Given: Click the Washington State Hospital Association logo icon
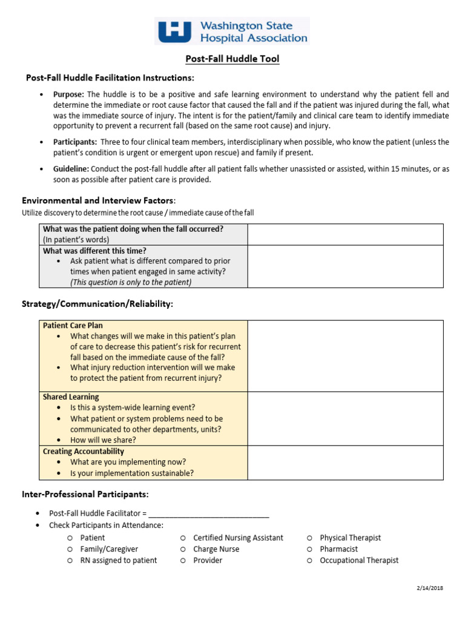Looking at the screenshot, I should [174, 31].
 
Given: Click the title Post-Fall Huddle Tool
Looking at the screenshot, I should [232, 59].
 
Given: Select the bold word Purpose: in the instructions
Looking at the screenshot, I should [69, 94].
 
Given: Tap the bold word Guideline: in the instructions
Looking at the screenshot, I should [71, 169].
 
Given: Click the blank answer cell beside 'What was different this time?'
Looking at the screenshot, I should [345, 266].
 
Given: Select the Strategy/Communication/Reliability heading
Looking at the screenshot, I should [97, 304].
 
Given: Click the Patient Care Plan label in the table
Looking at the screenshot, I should [73, 325].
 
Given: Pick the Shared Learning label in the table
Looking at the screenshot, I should [71, 397].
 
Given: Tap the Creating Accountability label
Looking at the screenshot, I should [84, 451].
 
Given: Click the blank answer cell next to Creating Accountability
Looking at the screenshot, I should [345, 463].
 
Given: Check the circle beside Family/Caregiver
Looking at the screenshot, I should [70, 549].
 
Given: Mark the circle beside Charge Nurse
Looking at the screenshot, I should [182, 549].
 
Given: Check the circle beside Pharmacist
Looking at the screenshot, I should [309, 549].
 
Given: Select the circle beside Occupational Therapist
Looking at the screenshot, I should [309, 561].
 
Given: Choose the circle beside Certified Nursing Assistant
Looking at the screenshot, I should [182, 538].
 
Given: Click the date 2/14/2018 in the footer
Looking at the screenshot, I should [430, 588].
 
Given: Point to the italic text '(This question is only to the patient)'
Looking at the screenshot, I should [131, 282].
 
